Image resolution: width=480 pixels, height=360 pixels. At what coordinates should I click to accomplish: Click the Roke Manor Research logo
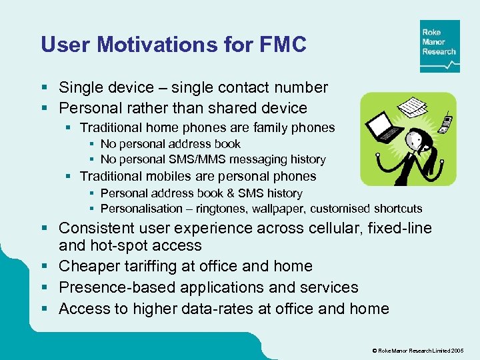point(439,46)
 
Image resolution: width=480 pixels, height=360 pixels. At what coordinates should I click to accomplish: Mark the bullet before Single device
point(45,87)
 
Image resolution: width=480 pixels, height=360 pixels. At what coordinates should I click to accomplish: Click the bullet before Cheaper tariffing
point(45,266)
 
